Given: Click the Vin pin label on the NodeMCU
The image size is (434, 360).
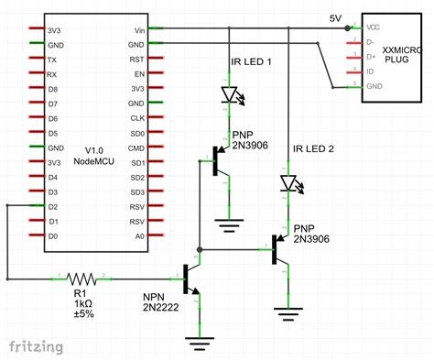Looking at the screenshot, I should pos(137,29).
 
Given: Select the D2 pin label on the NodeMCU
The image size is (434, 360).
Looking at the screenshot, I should pos(53,206).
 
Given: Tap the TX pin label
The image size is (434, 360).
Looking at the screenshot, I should pos(53,60).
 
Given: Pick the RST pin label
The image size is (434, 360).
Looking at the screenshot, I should pos(137,60).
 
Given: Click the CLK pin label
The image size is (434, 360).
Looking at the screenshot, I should pos(137,118).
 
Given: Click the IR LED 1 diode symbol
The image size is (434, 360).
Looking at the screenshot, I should pos(229,93).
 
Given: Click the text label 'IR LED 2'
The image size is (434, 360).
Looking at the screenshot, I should pos(314,147).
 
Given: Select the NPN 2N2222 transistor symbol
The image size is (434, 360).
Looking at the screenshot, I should pos(192,278).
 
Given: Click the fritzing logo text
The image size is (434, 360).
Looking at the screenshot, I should pos(37,346).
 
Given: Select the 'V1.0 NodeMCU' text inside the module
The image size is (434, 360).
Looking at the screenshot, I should pos(95,154).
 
